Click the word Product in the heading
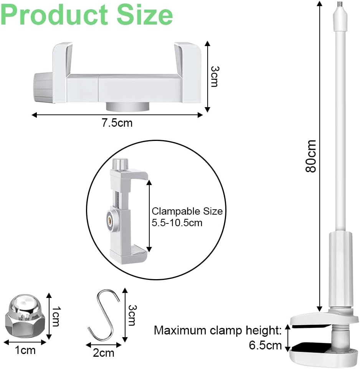[54, 15]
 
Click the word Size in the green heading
[145, 15]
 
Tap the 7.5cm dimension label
[117, 123]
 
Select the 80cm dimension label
[310, 156]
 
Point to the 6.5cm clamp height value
[265, 346]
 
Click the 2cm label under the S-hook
[103, 353]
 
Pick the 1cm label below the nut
[25, 350]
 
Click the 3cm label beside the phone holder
[215, 76]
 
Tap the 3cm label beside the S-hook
[132, 315]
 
